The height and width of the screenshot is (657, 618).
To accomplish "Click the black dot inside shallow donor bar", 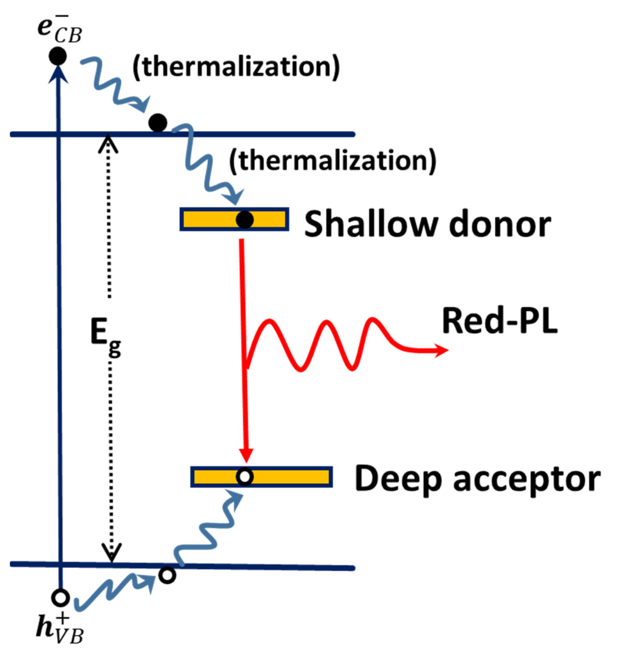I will point(245,220).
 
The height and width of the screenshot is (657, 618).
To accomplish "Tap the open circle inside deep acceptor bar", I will point(245,477).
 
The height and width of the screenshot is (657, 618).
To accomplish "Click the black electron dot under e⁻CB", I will point(57,56).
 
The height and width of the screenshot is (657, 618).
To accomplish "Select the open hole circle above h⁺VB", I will point(60,598).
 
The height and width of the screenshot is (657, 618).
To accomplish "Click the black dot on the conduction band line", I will point(158,123).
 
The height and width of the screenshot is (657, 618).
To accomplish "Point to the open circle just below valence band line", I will point(167,575).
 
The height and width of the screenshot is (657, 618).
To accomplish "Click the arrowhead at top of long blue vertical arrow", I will point(59,74).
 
